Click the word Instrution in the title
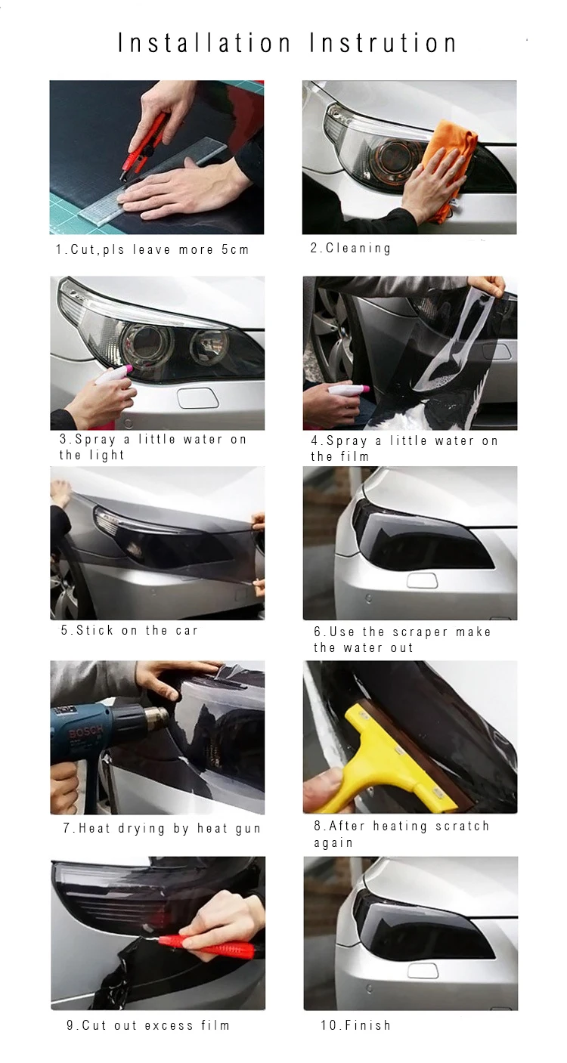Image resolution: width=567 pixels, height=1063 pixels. [x=383, y=43]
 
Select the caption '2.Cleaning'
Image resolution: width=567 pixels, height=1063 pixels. [x=351, y=248]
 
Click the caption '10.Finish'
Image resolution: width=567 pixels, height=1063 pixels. [x=355, y=1025]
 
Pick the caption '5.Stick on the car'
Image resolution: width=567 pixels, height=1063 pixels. [x=129, y=630]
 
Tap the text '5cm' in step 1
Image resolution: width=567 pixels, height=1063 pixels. [x=235, y=249]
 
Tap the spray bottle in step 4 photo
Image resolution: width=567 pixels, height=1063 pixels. [x=348, y=391]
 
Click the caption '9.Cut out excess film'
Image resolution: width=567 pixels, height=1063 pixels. [x=148, y=1025]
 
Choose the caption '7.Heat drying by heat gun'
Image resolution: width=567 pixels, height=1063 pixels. [x=162, y=828]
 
